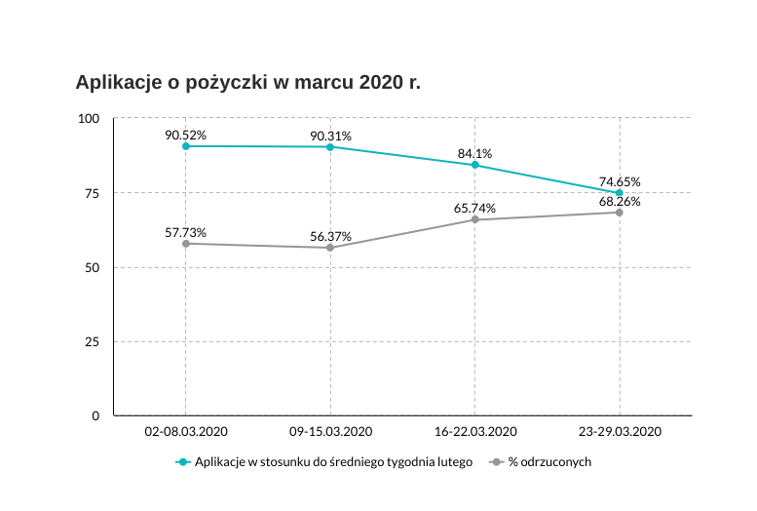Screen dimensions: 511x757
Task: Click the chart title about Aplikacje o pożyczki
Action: (x=247, y=82)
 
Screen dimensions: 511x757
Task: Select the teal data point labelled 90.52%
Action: (x=185, y=145)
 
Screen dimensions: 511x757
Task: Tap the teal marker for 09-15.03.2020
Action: (x=330, y=146)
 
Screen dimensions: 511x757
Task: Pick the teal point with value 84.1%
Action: (x=474, y=165)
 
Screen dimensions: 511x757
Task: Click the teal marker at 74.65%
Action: (x=620, y=193)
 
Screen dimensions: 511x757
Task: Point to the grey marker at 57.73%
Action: (x=185, y=243)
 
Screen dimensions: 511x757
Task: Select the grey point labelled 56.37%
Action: (x=330, y=248)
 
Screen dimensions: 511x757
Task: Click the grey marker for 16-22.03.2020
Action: (x=474, y=219)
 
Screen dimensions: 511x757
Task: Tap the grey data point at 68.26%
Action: (x=620, y=212)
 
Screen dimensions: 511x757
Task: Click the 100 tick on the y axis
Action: (x=90, y=118)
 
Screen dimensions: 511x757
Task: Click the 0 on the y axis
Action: (x=95, y=415)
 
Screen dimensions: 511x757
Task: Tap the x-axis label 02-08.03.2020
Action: (x=185, y=431)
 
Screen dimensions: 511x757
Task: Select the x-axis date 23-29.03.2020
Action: (x=620, y=431)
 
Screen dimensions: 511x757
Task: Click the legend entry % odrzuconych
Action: (x=549, y=461)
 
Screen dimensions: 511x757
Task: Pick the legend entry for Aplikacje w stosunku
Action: (x=332, y=461)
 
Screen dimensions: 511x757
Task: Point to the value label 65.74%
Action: (x=474, y=208)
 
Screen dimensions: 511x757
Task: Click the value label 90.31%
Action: (x=330, y=136)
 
